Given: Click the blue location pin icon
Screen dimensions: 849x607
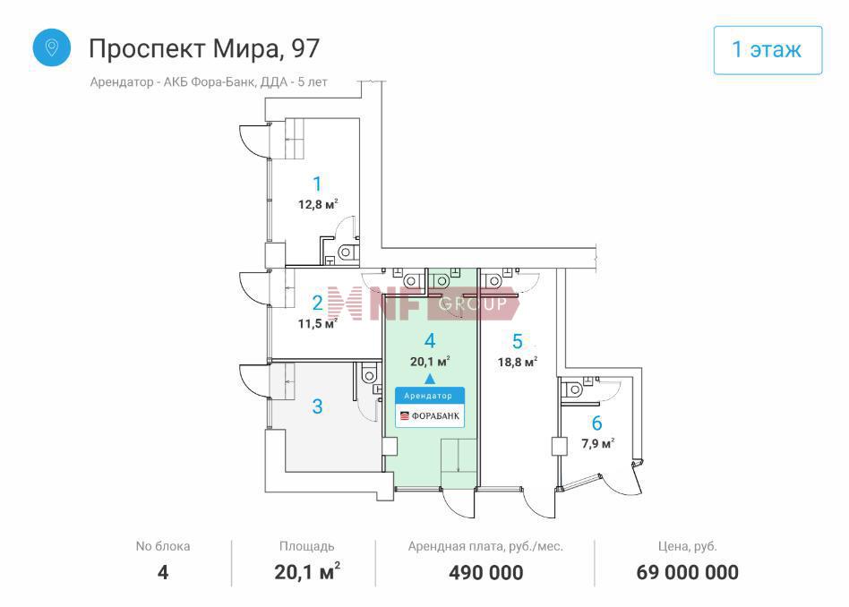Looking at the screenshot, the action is point(51,47).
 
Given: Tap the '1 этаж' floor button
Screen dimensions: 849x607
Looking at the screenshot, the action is point(768,50).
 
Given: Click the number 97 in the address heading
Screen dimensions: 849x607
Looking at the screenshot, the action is point(305,48).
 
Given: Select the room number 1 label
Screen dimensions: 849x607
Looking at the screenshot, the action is point(317,184).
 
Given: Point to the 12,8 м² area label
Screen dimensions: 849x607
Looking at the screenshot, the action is point(318,205).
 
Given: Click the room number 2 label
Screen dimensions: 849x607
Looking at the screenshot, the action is point(317,303).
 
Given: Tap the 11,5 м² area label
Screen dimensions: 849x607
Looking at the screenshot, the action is point(318,324).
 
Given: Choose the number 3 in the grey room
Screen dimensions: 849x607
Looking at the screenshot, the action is point(317,406).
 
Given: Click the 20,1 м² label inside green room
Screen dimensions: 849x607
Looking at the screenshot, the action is point(430,362).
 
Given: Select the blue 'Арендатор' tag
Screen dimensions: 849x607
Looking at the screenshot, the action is point(429,396).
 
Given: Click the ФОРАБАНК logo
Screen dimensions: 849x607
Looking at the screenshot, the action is point(429,415).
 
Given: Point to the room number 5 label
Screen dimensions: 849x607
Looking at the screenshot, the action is point(518,341).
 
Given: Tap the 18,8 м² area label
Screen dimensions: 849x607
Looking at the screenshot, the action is point(518,362).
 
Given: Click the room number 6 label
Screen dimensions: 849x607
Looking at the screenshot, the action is point(596,423).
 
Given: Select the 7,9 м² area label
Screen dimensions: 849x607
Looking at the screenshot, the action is point(597,443).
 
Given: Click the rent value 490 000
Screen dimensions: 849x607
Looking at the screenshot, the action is point(486,572).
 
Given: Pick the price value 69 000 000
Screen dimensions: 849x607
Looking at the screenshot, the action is point(687,572).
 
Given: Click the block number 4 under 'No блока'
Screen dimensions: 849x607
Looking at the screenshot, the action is point(162,572).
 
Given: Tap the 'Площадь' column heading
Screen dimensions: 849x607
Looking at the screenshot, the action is point(306,547).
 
